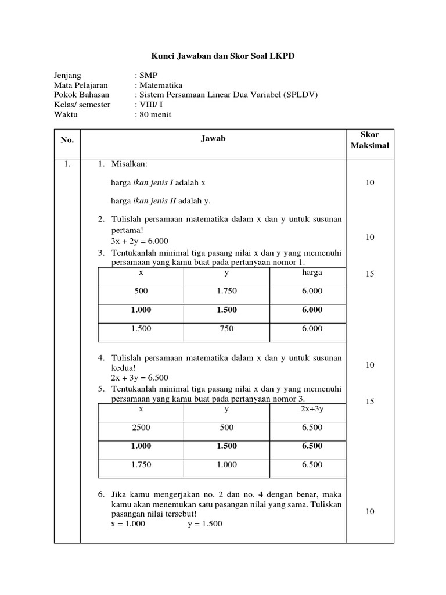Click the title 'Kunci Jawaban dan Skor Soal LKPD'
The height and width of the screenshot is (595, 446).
223,56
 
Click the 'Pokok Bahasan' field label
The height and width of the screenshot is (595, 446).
81,95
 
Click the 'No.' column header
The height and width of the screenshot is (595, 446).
67,140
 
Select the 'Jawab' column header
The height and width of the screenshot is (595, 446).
213,138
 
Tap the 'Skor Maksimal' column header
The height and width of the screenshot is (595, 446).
370,140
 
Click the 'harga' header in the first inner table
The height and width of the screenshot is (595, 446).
312,273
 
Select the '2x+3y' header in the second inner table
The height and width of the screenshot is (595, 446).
312,409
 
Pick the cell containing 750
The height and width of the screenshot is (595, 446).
226,329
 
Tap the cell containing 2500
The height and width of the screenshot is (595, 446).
141,428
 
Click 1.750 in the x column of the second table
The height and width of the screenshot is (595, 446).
141,465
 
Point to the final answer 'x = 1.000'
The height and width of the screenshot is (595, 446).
128,524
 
